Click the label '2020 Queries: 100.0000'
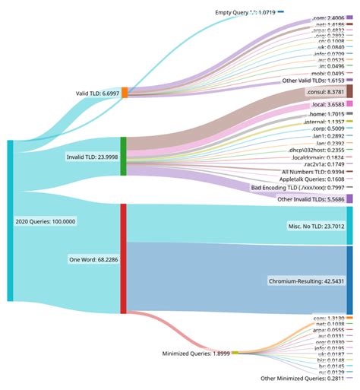[46, 221]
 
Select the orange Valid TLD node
[125, 93]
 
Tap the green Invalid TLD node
[124, 157]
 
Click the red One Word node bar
[124, 258]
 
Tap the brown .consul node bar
[349, 91]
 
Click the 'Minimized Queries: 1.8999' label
[174, 354]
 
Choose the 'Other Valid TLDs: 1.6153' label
[305, 80]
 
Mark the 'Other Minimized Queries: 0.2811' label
[302, 378]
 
